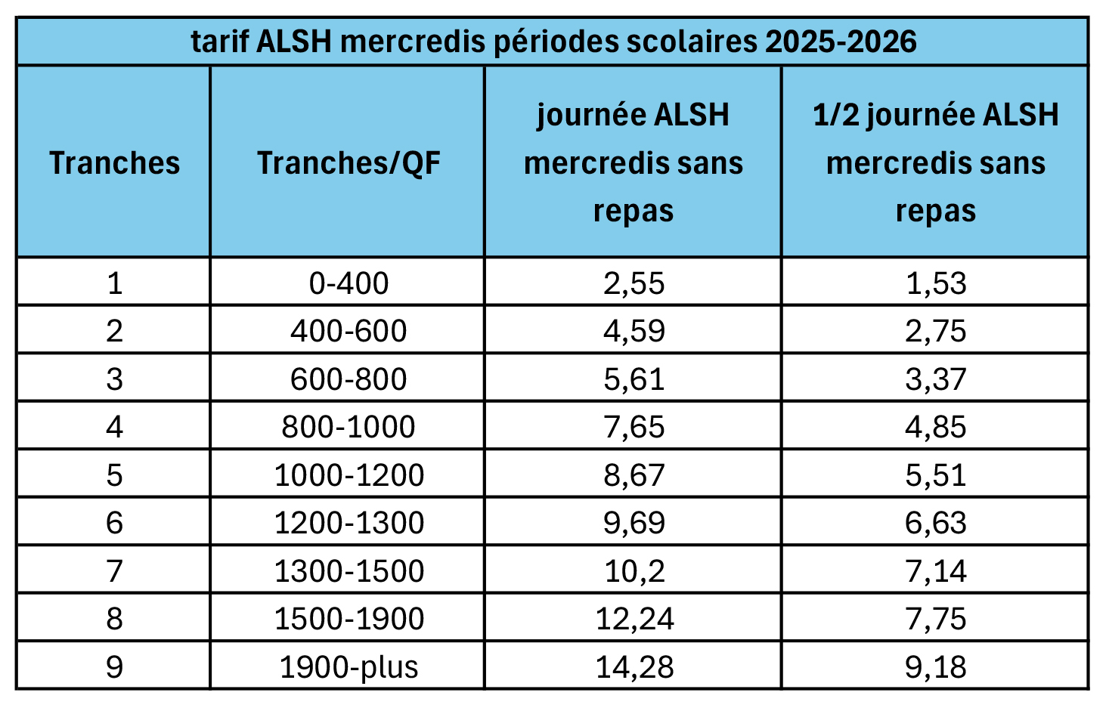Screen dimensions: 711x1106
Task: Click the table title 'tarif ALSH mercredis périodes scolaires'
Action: [553, 42]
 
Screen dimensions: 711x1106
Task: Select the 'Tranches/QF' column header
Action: [349, 162]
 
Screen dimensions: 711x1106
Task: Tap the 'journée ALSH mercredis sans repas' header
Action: [634, 162]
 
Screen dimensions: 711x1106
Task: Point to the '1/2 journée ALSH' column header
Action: [935, 162]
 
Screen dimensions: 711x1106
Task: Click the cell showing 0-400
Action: [349, 283]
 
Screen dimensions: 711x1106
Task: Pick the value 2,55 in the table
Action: [634, 283]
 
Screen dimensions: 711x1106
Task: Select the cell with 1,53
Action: [935, 283]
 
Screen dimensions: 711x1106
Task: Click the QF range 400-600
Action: [349, 331]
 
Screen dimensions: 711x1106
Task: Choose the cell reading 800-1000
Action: [349, 427]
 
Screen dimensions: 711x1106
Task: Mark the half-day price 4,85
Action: [935, 427]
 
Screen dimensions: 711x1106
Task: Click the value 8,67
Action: [634, 475]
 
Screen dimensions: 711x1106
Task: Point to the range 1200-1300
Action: [349, 523]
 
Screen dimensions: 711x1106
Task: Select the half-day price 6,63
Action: [935, 523]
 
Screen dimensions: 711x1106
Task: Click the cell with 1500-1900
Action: [349, 619]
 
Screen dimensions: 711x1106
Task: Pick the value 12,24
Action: [634, 619]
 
